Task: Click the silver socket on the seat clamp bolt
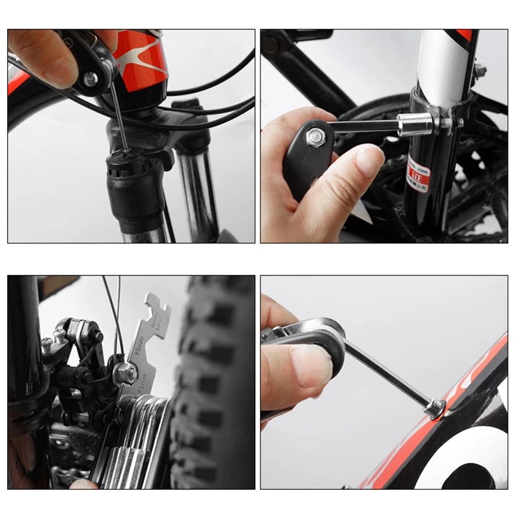tap(414, 123)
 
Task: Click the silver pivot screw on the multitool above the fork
tap(91, 78)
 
